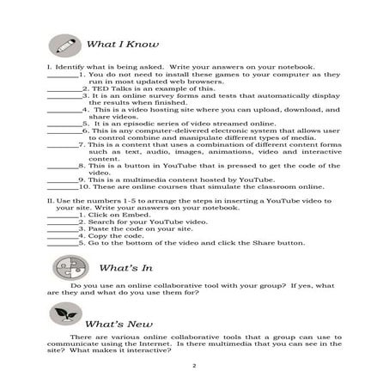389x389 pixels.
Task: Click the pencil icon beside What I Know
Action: [x=63, y=43]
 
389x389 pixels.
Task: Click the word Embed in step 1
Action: [x=125, y=214]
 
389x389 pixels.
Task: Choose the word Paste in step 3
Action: [x=96, y=228]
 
